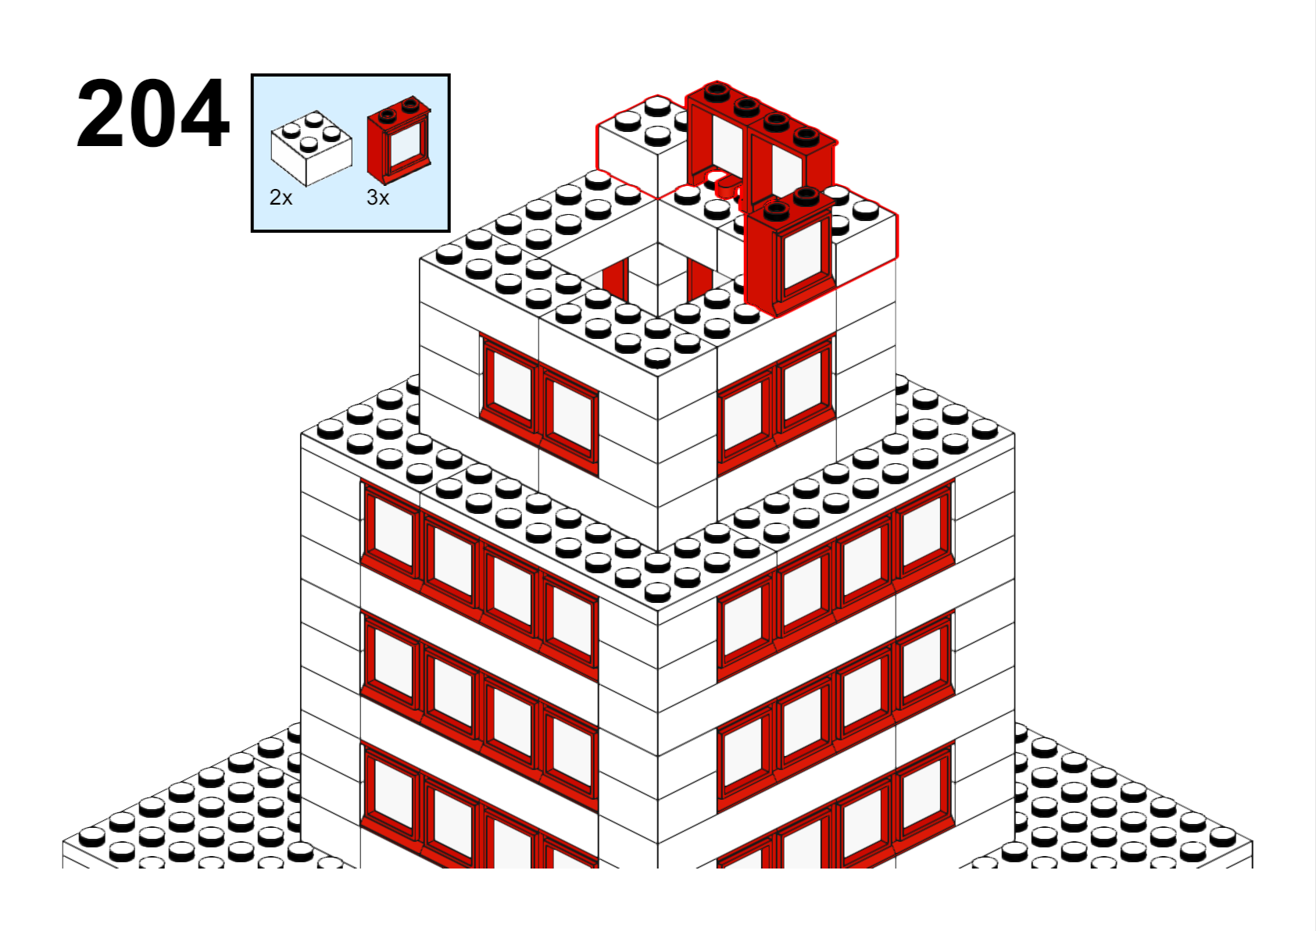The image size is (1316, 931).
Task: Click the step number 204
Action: [x=152, y=113]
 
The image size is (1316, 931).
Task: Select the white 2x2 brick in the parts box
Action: [x=311, y=148]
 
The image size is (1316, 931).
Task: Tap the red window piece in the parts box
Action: [x=399, y=141]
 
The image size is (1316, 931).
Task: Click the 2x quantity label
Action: [x=281, y=198]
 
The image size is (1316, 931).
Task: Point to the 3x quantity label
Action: [x=377, y=198]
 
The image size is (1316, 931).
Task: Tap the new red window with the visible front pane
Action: [x=791, y=252]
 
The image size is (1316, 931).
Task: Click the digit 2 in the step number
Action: [x=100, y=113]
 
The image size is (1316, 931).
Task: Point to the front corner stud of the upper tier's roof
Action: [x=658, y=357]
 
